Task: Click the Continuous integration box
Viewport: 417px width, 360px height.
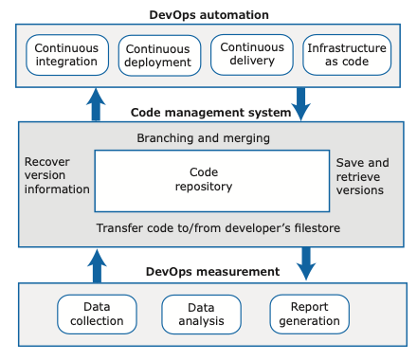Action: [66, 55]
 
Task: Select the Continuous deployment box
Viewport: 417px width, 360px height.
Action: [159, 56]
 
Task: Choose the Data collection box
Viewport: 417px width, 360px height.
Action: [97, 314]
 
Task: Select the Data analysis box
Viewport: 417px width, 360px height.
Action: [201, 314]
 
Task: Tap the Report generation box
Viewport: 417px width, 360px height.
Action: [309, 314]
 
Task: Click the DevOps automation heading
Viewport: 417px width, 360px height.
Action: [208, 14]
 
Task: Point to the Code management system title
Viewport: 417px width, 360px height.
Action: [210, 113]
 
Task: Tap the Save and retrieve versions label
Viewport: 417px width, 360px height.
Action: [362, 176]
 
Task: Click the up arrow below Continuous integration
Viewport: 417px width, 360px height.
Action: [97, 104]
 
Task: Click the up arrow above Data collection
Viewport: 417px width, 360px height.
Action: [97, 264]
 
